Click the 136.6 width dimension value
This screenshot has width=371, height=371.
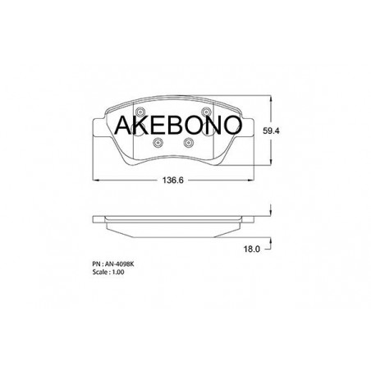coord(172,181)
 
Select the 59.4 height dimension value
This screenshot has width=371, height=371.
coord(271,131)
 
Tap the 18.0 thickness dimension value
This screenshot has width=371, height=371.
coord(252,249)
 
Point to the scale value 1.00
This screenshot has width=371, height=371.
coord(117,272)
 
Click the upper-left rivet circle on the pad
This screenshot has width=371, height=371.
coord(140,112)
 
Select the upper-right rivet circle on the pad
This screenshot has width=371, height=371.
coord(206,112)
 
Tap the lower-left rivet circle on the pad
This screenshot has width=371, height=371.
coord(158,143)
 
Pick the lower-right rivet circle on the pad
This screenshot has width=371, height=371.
coord(189,143)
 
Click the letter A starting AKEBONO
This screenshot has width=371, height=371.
coord(123,125)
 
